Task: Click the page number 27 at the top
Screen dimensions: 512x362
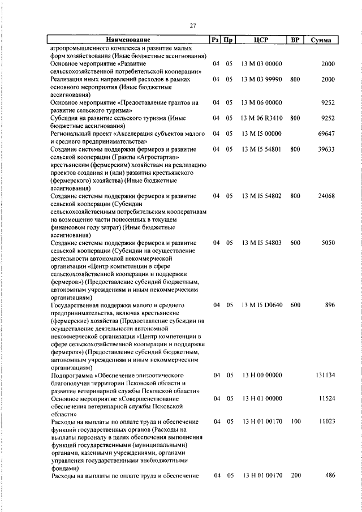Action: pyautogui.click(x=192, y=26)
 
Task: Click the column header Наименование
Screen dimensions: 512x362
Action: pyautogui.click(x=127, y=40)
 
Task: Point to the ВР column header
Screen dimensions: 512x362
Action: pyautogui.click(x=294, y=40)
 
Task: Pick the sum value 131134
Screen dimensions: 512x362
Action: pyautogui.click(x=324, y=375)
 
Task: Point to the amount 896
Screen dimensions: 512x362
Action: pyautogui.click(x=330, y=305)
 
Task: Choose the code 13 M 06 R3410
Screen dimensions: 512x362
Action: pyautogui.click(x=261, y=118)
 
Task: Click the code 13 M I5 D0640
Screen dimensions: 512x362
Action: pyautogui.click(x=261, y=305)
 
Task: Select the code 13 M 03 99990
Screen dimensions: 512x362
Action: pyautogui.click(x=261, y=80)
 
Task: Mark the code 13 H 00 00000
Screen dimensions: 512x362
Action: pyautogui.click(x=261, y=375)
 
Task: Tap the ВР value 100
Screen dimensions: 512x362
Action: pyautogui.click(x=295, y=421)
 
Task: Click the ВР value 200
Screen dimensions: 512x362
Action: pyautogui.click(x=295, y=476)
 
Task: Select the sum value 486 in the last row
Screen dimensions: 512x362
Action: pyautogui.click(x=330, y=476)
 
